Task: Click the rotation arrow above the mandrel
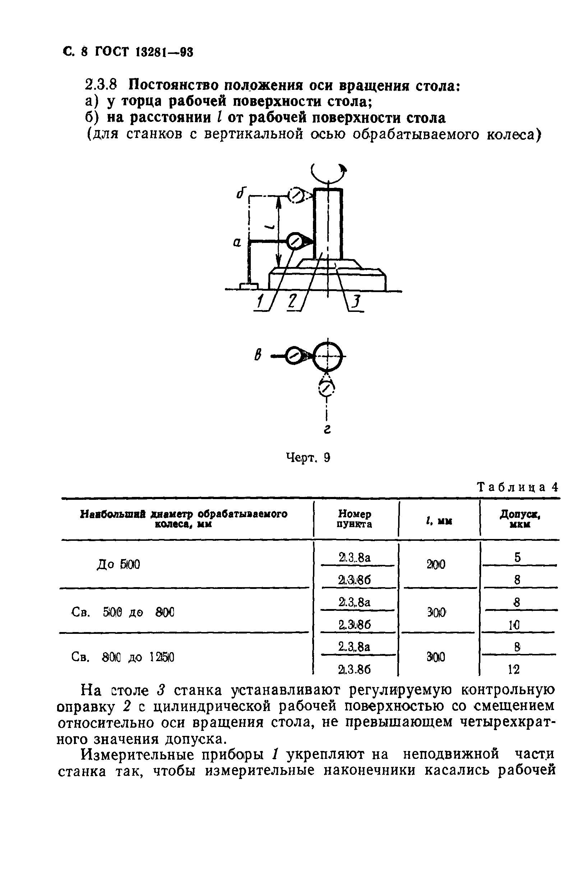pyautogui.click(x=328, y=172)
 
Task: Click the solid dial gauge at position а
pyautogui.click(x=295, y=241)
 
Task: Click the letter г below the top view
pyautogui.click(x=327, y=429)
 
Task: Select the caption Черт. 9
pyautogui.click(x=308, y=458)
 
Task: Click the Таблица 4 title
pyautogui.click(x=517, y=487)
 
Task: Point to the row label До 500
pyautogui.click(x=118, y=564)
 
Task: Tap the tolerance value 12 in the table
pyautogui.click(x=513, y=669)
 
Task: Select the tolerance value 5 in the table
pyautogui.click(x=518, y=557)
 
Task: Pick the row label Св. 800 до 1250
pyautogui.click(x=122, y=657)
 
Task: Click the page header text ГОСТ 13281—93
pyautogui.click(x=144, y=52)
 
